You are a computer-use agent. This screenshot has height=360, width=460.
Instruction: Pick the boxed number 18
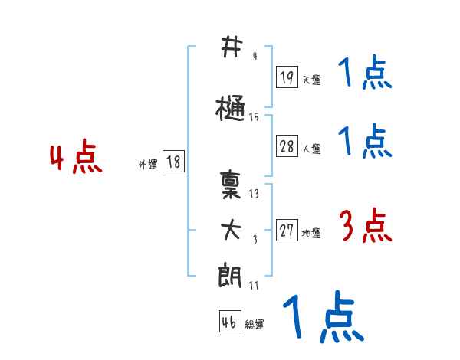pos(173,162)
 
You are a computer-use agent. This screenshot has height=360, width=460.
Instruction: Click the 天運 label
pos(312,80)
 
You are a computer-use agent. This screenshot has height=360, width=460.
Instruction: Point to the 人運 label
pos(312,149)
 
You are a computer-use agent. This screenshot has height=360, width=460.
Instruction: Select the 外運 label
pos(148,164)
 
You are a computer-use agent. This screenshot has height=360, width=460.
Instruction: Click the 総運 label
pos(255,325)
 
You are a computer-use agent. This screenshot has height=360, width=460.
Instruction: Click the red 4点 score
pos(75,159)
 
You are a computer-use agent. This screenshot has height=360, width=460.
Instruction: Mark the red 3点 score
pos(366,226)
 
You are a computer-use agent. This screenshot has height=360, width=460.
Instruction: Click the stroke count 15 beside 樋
pos(254,117)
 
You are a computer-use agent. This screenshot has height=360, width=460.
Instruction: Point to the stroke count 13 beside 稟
pos(254,194)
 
